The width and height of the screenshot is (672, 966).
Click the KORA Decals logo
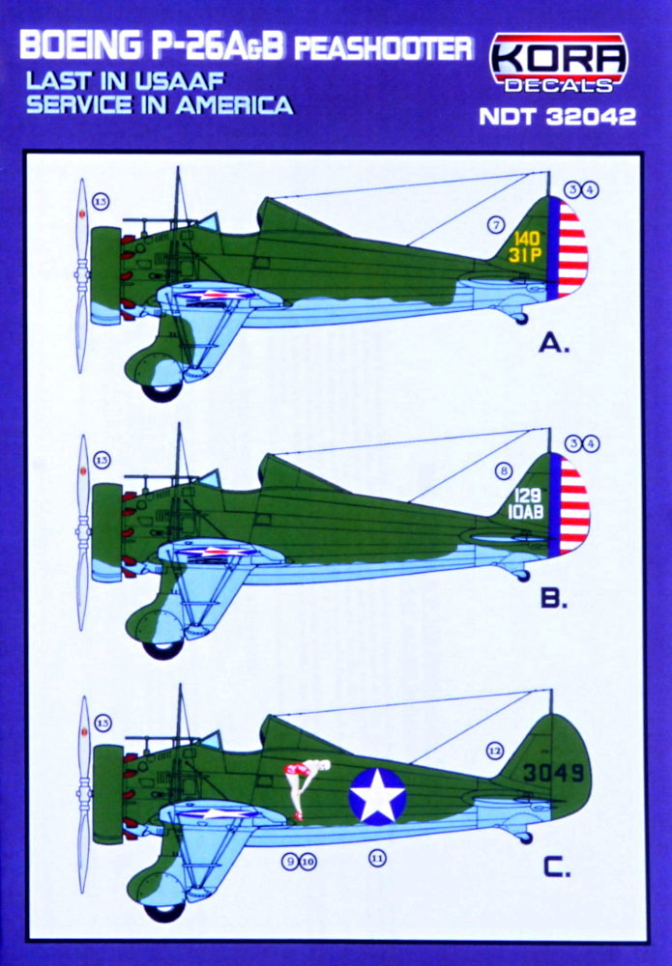coord(559,63)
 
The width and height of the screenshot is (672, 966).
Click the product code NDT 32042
coord(557,117)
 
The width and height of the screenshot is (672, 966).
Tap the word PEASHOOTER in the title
coord(384,47)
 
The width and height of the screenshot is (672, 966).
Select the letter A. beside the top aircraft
coord(554,343)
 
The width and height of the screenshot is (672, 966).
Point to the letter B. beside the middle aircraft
coord(554,599)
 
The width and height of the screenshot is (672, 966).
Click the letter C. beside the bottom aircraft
coord(556,867)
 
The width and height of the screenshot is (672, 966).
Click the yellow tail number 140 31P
coord(526,247)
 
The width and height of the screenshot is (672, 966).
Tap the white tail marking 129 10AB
coord(527,503)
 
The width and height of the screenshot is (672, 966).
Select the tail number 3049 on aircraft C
coord(552,772)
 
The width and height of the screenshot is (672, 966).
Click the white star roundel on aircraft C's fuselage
coord(377,796)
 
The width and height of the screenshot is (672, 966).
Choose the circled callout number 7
coord(496,225)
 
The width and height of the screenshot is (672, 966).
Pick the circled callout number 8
coord(504,472)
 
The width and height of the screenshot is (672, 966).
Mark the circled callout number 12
coord(495,751)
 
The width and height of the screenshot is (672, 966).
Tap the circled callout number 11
coord(377,857)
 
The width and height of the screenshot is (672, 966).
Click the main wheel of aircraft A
coord(161,392)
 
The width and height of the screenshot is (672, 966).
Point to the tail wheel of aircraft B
coord(523,576)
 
